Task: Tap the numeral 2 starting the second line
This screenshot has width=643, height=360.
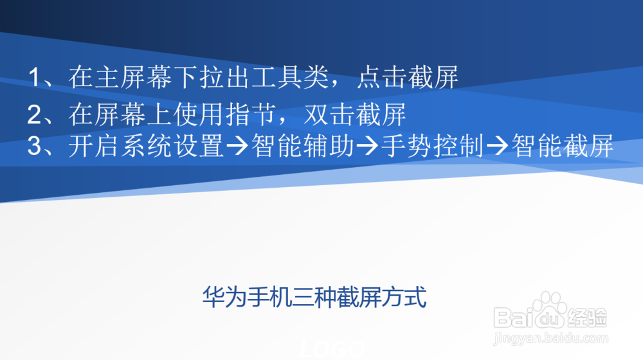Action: point(33,115)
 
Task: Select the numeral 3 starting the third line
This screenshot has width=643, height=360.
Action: point(33,147)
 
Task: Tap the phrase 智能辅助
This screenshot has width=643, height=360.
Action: point(303,147)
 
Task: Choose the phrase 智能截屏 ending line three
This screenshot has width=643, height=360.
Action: point(562,147)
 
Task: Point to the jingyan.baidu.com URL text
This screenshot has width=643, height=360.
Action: point(550,337)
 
